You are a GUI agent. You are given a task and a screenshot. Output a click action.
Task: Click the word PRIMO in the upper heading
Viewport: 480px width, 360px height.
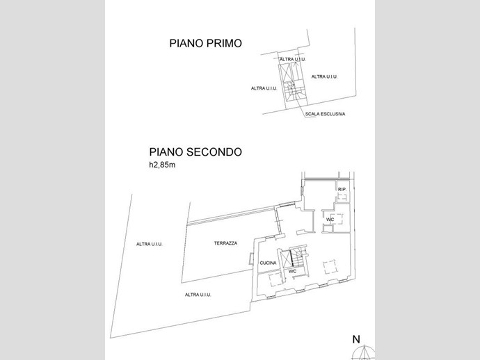click(x=224, y=43)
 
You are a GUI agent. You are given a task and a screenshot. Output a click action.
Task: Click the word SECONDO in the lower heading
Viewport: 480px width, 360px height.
click(x=214, y=152)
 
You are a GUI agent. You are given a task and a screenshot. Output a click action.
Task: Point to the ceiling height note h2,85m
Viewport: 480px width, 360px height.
click(x=162, y=165)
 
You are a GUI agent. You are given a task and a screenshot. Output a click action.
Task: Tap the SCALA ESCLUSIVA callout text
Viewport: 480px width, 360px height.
click(x=325, y=114)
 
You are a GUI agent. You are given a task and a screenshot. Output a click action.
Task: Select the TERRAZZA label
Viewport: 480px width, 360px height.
click(x=225, y=243)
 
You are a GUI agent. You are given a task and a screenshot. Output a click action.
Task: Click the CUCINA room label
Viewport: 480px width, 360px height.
click(x=268, y=263)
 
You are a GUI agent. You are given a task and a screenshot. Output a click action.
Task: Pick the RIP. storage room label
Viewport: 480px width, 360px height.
click(x=342, y=190)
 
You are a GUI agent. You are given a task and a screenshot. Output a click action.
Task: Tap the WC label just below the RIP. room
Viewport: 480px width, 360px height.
click(x=330, y=220)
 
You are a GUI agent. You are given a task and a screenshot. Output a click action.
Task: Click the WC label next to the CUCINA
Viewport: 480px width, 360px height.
click(x=292, y=271)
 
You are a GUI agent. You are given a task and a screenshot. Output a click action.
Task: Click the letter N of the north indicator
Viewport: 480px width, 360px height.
click(x=356, y=340)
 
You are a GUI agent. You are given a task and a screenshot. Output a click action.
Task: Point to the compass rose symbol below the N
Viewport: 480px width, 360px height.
click(x=364, y=352)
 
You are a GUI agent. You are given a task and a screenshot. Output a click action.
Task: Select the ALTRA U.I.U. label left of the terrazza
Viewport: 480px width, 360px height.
click(x=150, y=244)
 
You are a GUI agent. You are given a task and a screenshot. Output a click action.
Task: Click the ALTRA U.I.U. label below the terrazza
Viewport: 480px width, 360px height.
click(x=198, y=295)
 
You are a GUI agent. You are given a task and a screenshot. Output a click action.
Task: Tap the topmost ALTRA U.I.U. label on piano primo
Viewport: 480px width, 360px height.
click(x=293, y=59)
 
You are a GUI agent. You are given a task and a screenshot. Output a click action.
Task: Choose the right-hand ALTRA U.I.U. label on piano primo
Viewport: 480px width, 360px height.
click(x=324, y=76)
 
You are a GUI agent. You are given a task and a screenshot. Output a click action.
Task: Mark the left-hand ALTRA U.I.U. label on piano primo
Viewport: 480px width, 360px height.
click(x=264, y=88)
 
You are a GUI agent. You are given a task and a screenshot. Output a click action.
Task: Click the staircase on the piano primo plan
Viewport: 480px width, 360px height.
click(x=291, y=92)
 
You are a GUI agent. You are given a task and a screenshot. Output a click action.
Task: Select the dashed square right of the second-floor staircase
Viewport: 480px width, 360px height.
click(x=330, y=267)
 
